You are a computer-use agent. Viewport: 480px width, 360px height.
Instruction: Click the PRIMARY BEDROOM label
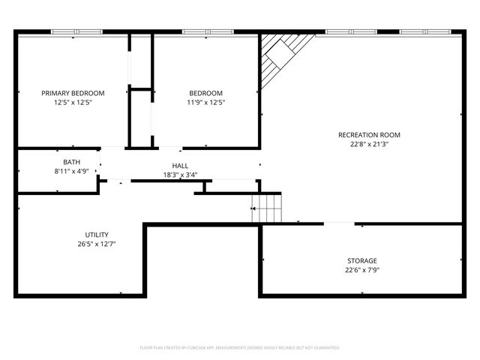(73, 93)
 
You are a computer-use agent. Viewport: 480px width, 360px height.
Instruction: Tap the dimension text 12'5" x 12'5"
(73, 103)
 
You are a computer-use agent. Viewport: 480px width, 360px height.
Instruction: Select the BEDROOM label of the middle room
(206, 93)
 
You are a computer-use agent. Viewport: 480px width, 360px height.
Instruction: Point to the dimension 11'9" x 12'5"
(206, 103)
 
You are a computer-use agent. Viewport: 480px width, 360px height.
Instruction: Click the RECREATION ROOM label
(369, 135)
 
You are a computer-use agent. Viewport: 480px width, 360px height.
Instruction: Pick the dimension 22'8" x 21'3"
(369, 145)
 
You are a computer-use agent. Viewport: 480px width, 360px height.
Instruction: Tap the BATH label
(71, 162)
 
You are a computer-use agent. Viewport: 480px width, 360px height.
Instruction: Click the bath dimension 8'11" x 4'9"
(71, 172)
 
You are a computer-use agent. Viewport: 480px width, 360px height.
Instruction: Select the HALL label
(180, 166)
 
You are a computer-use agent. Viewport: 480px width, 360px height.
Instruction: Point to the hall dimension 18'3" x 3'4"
(180, 175)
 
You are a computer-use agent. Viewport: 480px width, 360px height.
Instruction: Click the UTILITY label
(96, 234)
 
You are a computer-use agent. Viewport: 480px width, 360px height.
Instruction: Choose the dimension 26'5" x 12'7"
(96, 244)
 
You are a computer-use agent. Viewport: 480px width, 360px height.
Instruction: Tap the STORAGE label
(361, 260)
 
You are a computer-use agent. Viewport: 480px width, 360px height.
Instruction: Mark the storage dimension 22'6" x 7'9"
(361, 270)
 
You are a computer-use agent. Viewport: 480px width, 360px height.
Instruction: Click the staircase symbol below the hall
(266, 207)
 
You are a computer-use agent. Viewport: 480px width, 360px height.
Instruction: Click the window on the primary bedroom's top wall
(73, 32)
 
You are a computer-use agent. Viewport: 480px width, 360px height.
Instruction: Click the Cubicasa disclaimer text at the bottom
(240, 348)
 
